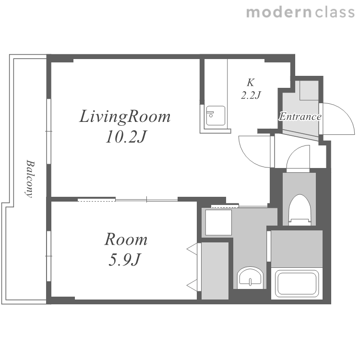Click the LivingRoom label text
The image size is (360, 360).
point(125,117)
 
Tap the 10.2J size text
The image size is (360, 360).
point(126,137)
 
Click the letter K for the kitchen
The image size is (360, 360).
point(251,83)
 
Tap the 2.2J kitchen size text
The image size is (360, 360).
point(251,95)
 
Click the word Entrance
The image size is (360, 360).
point(300,117)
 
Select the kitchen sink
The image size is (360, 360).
point(216,116)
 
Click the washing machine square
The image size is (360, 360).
point(218,222)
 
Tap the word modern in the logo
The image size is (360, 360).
point(279,12)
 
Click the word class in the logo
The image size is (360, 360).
point(335,12)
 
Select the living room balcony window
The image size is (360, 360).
point(48,132)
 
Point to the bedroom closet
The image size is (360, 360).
point(215,271)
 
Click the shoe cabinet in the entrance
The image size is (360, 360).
point(309,90)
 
